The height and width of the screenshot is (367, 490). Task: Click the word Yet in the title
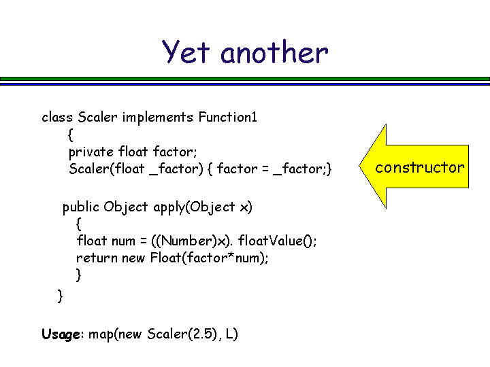pos(186,52)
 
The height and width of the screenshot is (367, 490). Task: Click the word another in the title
pos(274,52)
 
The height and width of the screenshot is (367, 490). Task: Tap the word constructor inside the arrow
pos(420,167)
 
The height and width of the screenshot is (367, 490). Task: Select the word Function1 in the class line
pos(227,117)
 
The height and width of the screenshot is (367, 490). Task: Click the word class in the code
pos(57,117)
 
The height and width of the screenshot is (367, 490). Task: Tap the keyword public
pos(81,207)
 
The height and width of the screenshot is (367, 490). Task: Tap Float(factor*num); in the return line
pos(210,258)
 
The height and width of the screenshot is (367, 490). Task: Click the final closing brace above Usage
pos(60,296)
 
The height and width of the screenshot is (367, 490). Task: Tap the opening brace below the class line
pos(71,135)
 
